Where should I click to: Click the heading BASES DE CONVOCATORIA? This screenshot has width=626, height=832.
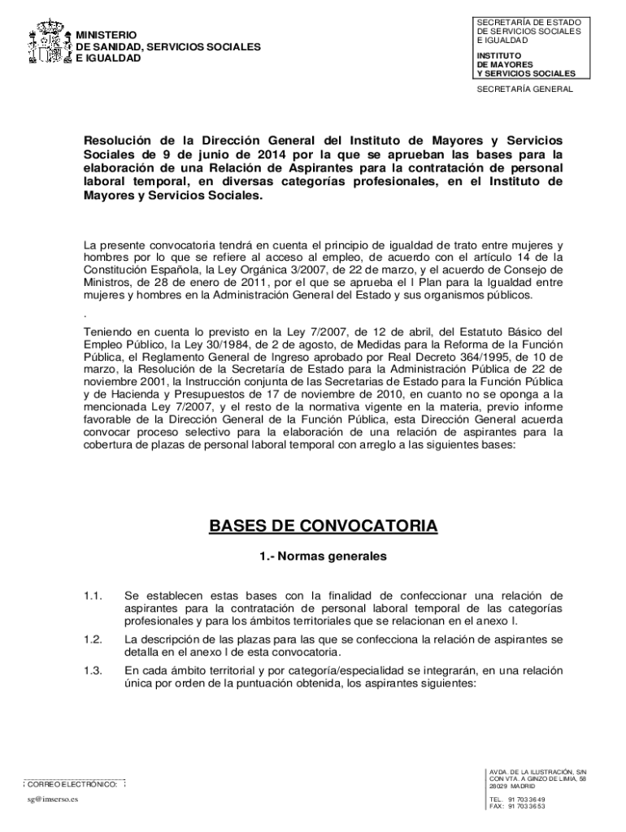coord(324,526)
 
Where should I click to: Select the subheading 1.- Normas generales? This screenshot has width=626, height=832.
coord(324,557)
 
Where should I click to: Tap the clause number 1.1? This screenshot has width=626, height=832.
coord(92,596)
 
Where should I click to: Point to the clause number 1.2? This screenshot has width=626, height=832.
coord(92,639)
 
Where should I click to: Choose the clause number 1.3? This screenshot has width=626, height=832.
coord(92,670)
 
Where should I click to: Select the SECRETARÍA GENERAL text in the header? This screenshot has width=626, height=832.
coord(524,89)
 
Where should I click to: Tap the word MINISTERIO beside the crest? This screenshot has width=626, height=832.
coord(107,36)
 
